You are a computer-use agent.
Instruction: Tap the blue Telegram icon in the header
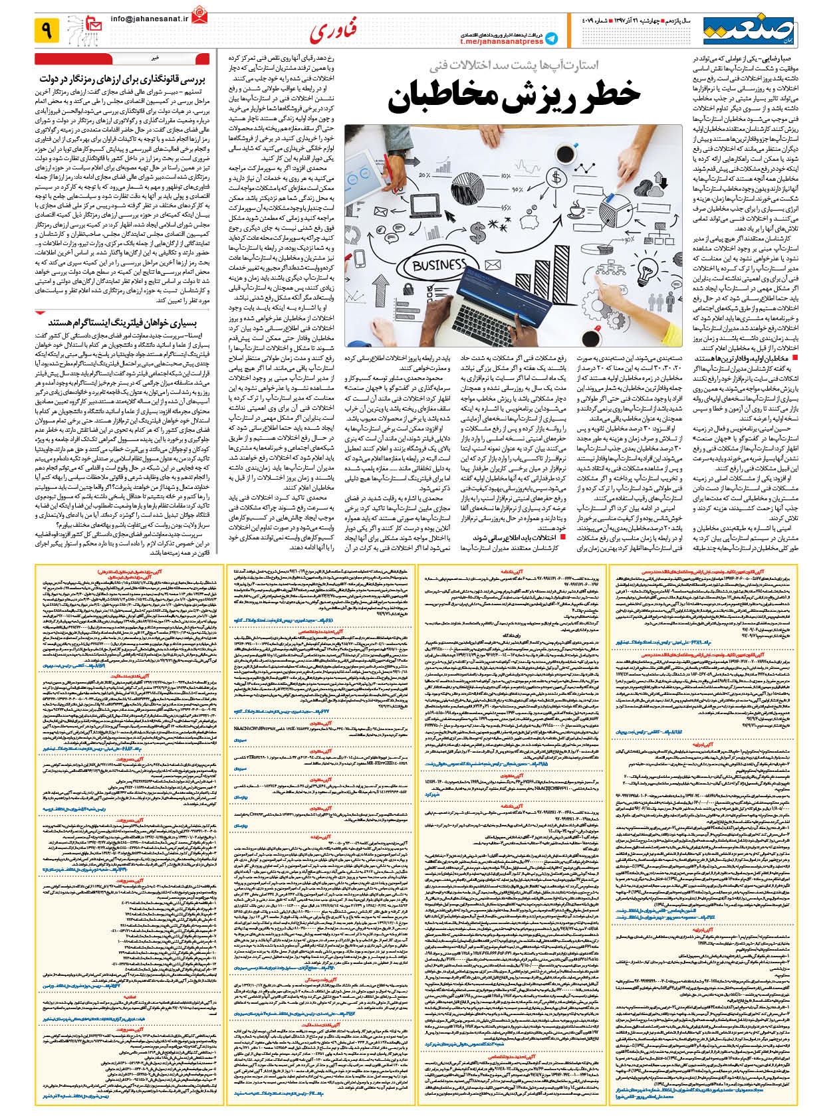tap(551, 38)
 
